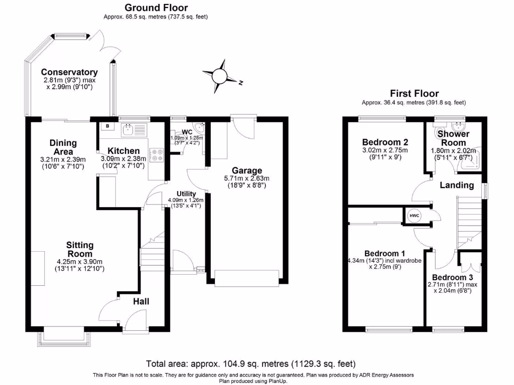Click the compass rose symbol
tap(219, 76)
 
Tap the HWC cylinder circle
tap(414, 216)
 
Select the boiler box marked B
tap(107, 126)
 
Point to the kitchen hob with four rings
tap(157, 155)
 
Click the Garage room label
tap(247, 170)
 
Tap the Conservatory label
tap(69, 72)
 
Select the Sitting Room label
tap(80, 250)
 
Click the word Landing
tap(457, 185)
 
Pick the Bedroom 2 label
tap(385, 142)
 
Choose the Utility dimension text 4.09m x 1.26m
tap(186, 200)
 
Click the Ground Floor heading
tap(156, 8)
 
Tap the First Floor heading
tap(414, 93)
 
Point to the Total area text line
tap(251, 364)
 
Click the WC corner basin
tap(199, 127)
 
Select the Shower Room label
tap(453, 138)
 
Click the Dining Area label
tap(63, 147)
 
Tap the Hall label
tap(141, 301)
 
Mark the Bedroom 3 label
tap(452, 278)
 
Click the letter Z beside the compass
tap(240, 83)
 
